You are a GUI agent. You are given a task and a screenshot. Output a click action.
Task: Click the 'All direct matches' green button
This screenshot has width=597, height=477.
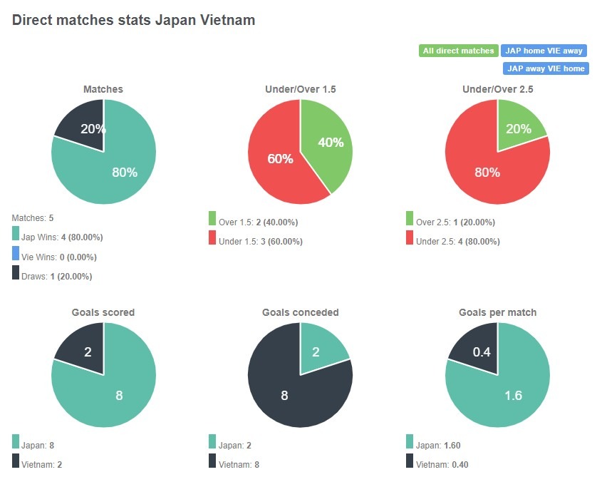458,51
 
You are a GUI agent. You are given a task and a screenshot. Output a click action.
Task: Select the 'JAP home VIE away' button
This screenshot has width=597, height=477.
544,51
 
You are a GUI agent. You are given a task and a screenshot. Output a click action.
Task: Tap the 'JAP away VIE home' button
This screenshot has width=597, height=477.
545,68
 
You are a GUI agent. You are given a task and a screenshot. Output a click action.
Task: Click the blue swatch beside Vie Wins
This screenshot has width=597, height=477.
16,253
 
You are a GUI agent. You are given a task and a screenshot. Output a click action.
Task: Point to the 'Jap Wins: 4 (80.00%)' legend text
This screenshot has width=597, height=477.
62,237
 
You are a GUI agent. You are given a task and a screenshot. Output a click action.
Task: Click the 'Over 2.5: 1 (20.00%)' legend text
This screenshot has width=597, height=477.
455,222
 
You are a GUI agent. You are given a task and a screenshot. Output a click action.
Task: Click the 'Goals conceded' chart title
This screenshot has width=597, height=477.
300,312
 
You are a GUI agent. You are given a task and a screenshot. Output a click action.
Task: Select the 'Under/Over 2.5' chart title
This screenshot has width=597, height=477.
497,89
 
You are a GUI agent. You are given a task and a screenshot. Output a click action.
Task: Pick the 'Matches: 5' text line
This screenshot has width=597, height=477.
32,217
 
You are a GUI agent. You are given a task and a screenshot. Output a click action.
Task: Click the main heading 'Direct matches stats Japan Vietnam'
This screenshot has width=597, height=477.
134,21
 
